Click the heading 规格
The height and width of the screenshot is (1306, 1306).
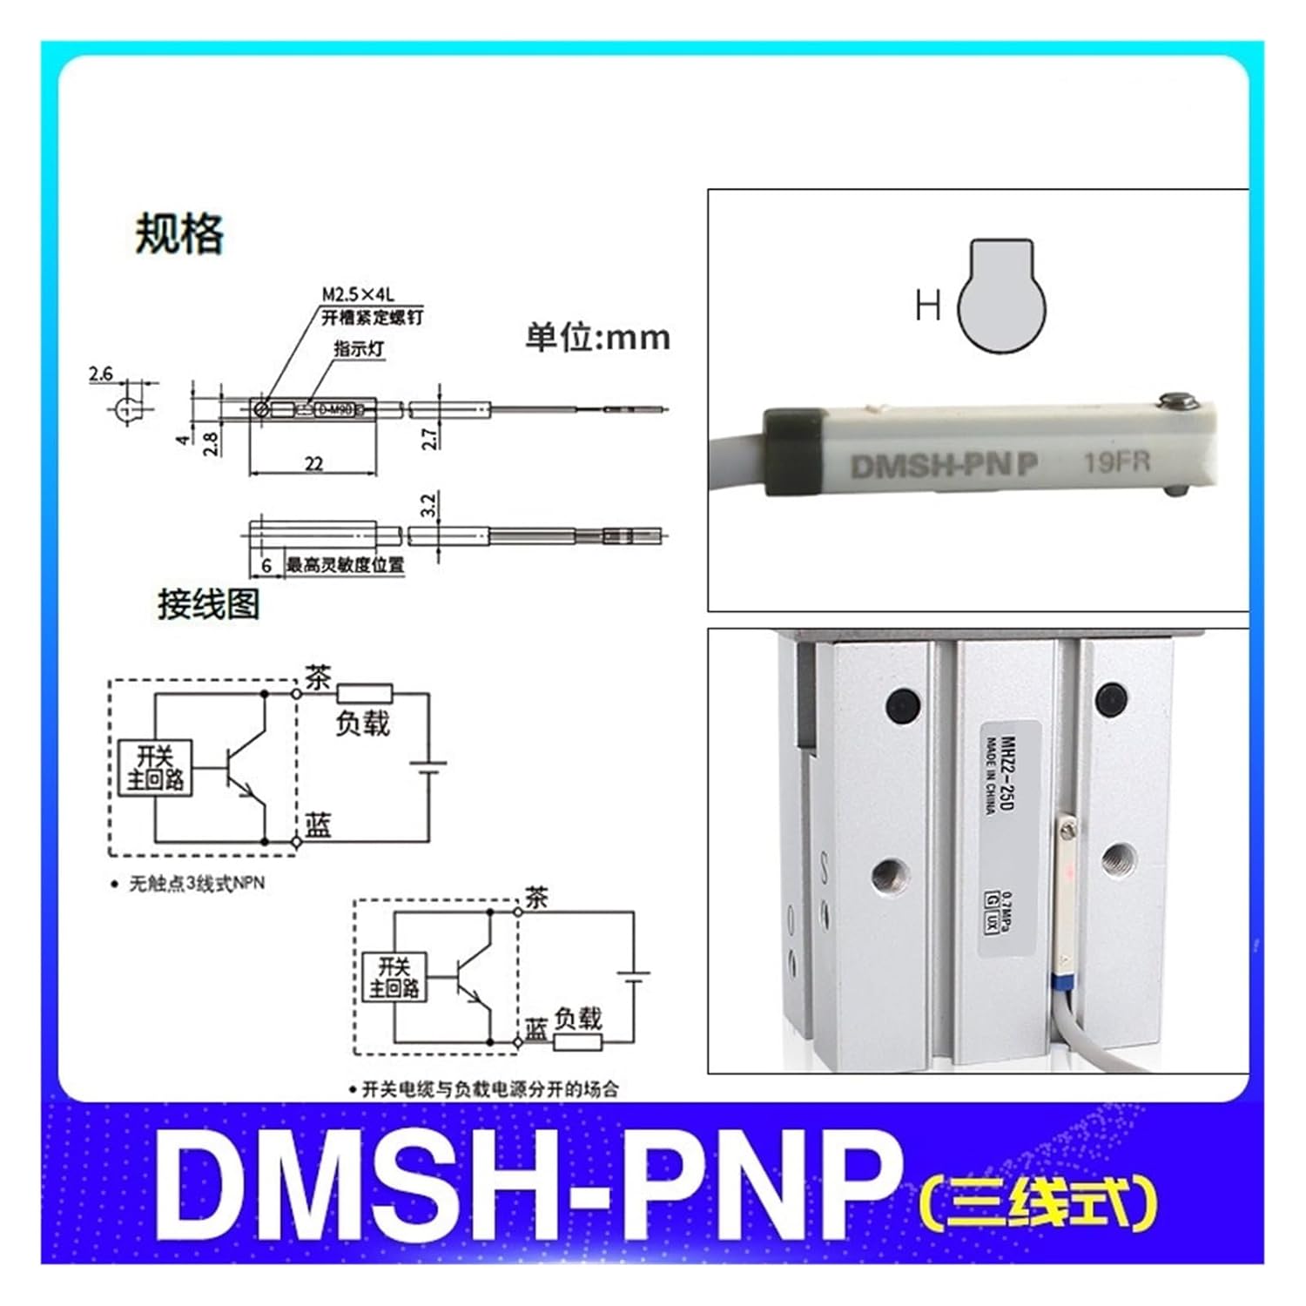pos(179,234)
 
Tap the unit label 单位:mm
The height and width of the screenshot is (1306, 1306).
pos(597,338)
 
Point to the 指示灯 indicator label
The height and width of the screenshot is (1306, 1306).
pos(359,349)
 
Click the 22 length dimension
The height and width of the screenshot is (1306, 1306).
pos(313,464)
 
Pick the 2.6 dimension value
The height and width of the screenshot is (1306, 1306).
pos(101,374)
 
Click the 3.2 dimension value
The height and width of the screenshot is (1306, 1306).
pos(427,505)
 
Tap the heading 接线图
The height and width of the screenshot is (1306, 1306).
pos(208,603)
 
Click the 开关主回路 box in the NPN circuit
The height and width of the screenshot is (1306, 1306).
pos(156,768)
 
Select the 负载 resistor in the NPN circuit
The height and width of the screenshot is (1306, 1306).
pos(365,694)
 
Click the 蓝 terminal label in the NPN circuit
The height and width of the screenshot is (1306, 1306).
pos(318,825)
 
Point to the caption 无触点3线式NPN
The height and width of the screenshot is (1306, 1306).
pos(196,884)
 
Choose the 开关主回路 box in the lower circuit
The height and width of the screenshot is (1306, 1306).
pos(394,977)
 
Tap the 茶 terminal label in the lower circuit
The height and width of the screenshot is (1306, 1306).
pos(536,898)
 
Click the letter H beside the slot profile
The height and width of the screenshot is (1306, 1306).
pos(928,306)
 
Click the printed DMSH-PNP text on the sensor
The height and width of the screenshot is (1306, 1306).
pos(944,466)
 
